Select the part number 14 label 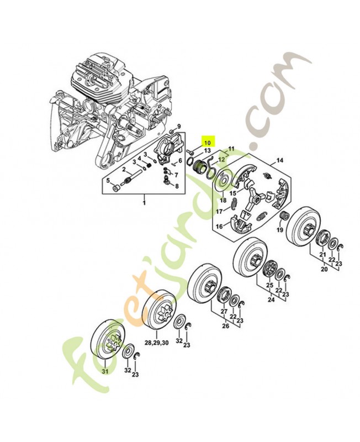tap(280, 161)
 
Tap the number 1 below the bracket tap(145, 203)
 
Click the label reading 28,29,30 tap(157, 343)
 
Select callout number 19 tap(280, 230)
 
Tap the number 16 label tap(219, 226)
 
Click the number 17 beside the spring tap(219, 211)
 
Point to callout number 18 tap(223, 199)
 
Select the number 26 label tap(225, 325)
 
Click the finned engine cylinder tap(97, 83)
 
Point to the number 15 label tap(233, 193)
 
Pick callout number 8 tap(177, 187)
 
